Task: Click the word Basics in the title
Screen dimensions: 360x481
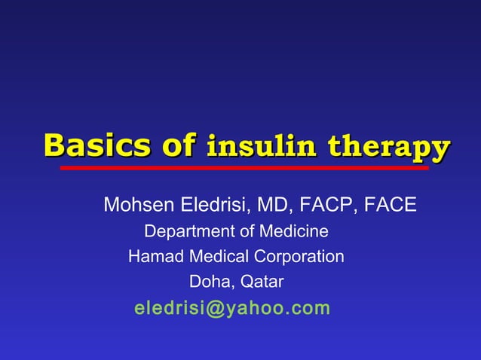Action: tap(92, 145)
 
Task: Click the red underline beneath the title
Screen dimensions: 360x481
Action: tap(244, 168)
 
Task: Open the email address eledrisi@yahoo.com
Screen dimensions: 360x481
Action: tap(231, 308)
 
